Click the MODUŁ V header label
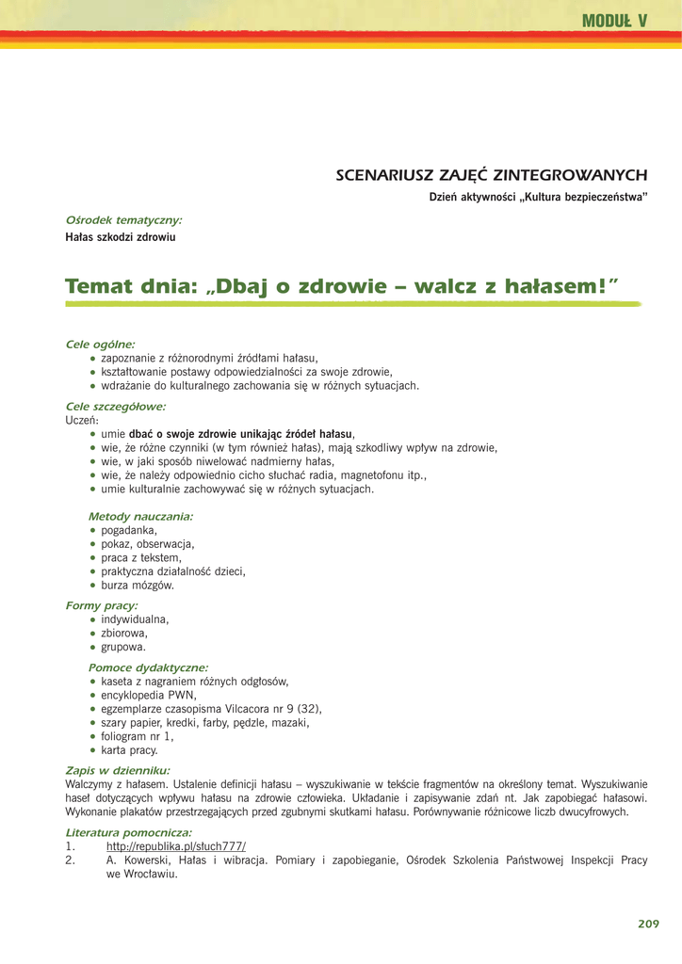(x=614, y=21)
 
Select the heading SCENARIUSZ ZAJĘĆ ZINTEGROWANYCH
(x=492, y=175)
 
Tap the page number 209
(x=648, y=924)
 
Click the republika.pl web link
(x=176, y=846)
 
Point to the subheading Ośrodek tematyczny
(x=123, y=220)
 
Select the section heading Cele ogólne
(x=100, y=345)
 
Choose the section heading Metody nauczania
(x=140, y=517)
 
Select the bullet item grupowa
(x=123, y=647)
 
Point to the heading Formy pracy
(x=101, y=605)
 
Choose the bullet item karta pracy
(x=129, y=750)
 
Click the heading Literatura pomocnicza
(x=128, y=832)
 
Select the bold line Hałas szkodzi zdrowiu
(x=121, y=237)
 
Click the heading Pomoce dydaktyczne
(x=148, y=667)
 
